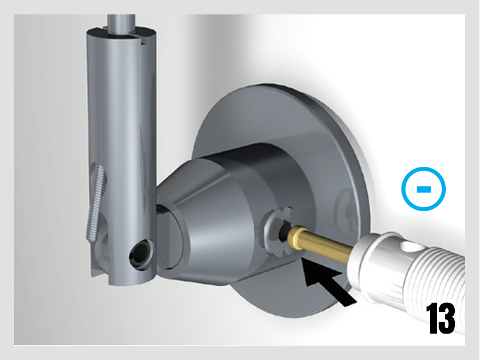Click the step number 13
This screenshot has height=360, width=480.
[441, 319]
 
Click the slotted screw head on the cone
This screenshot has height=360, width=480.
[277, 231]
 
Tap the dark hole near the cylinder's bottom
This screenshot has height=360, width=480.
[140, 253]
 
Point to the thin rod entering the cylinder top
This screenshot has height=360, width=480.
[121, 22]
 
